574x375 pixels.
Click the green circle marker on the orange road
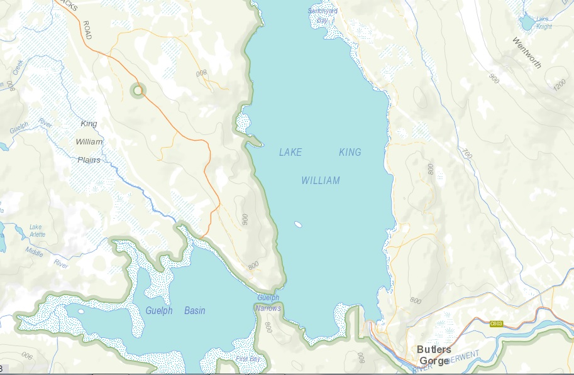[x=138, y=91]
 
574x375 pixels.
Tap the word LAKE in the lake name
[x=290, y=152]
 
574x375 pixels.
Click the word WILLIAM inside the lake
[x=320, y=181]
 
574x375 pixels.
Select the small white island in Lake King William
[x=298, y=224]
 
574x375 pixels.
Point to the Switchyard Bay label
[x=323, y=14]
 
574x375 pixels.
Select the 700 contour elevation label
[x=466, y=153]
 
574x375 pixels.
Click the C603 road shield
[x=496, y=323]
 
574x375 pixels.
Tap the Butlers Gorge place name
[x=434, y=355]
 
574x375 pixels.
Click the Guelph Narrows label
[x=268, y=303]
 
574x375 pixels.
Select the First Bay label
[x=247, y=359]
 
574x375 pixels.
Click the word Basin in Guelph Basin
[x=194, y=311]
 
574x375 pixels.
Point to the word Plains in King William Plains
[x=89, y=160]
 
